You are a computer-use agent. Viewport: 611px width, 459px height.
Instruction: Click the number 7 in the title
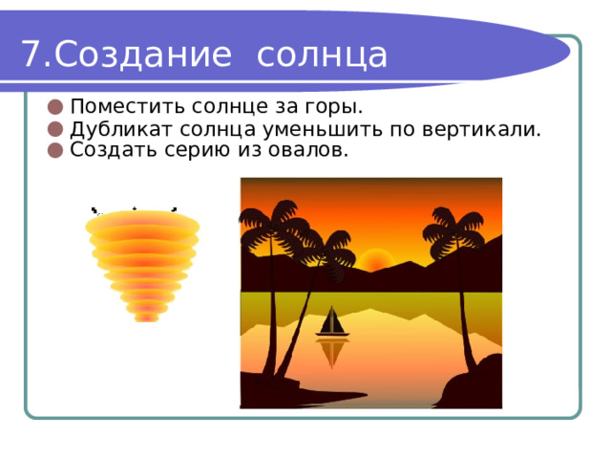32,54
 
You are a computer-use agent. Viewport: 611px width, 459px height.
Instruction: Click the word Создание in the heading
143,55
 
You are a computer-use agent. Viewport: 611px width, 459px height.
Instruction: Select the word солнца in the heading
322,55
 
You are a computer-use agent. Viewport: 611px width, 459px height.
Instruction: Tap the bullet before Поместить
55,107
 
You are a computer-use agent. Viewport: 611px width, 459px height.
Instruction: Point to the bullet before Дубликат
55,129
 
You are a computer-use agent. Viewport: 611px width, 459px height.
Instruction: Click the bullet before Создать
55,150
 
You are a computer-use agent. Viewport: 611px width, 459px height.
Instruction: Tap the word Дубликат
125,130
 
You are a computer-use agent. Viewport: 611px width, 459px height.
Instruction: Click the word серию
199,151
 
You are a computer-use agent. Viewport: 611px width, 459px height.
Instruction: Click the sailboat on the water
332,321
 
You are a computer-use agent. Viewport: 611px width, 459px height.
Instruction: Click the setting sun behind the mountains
375,260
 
